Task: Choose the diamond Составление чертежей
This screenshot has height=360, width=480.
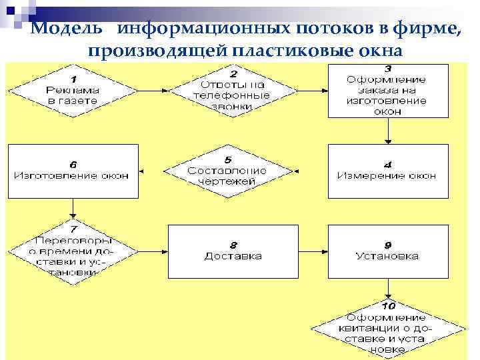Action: click(227, 171)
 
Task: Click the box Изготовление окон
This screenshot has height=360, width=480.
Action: click(73, 171)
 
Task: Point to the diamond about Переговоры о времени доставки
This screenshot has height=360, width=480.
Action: click(73, 251)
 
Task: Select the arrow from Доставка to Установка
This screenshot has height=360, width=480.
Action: click(313, 251)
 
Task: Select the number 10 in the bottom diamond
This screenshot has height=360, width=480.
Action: click(389, 305)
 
